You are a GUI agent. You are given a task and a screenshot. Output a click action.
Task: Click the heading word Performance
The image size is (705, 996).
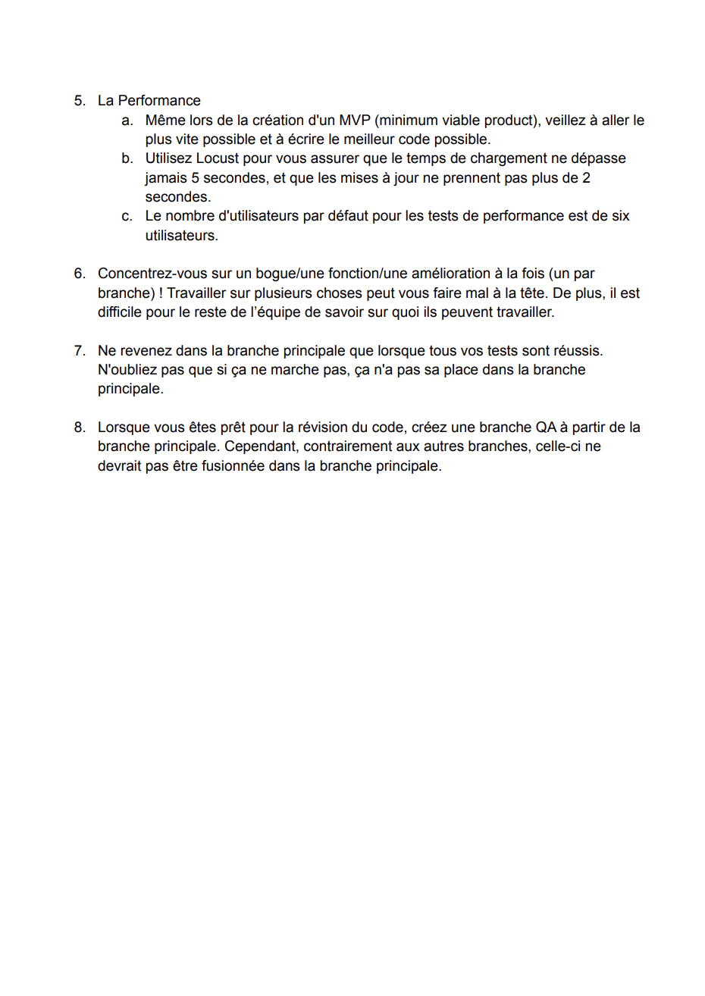click(x=159, y=101)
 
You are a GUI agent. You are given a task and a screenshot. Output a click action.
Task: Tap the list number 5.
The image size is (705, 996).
click(x=79, y=101)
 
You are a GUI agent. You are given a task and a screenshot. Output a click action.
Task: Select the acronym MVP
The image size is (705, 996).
click(x=355, y=121)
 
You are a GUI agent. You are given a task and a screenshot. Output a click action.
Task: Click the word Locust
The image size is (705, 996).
click(x=218, y=158)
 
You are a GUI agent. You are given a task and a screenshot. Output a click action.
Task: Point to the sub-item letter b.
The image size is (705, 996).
click(x=127, y=158)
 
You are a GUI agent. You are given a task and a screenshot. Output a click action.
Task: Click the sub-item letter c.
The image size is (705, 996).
click(x=127, y=216)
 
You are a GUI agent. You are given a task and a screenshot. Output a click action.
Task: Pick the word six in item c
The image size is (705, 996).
click(x=620, y=216)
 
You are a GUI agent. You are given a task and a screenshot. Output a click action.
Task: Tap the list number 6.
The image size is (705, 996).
click(x=79, y=274)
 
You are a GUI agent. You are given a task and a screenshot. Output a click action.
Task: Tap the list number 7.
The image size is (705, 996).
click(x=79, y=351)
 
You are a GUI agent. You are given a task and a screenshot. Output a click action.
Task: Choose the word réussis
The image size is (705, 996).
click(x=578, y=351)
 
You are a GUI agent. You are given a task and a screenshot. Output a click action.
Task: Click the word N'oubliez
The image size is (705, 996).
click(x=127, y=370)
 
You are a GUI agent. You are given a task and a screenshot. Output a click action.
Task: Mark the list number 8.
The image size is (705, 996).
click(x=79, y=428)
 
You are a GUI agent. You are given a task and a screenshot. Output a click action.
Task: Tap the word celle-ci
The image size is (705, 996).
click(x=558, y=446)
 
